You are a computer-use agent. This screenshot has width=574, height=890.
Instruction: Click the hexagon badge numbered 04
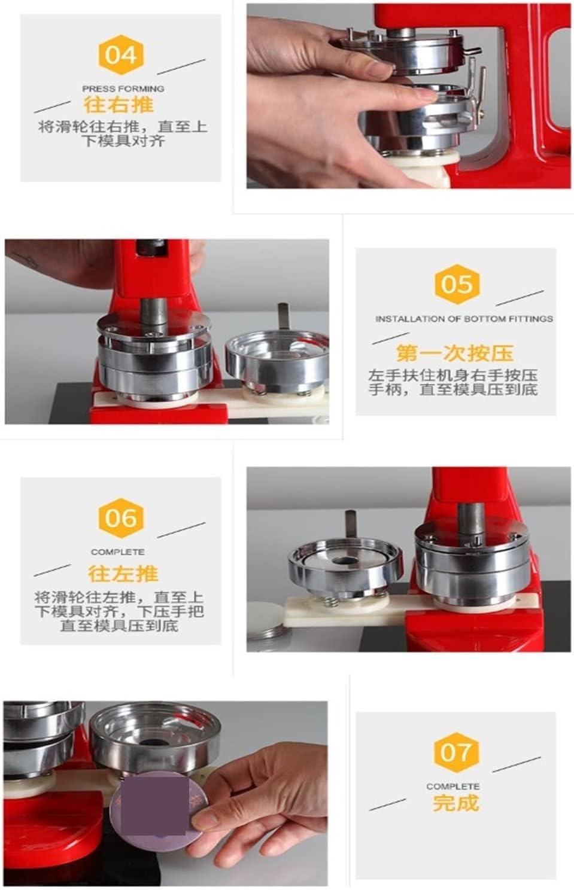121,55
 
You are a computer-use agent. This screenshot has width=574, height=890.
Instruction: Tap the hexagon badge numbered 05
456,285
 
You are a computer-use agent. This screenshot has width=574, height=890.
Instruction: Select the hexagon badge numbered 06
121,518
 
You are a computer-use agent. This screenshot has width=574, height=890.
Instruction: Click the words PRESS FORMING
123,89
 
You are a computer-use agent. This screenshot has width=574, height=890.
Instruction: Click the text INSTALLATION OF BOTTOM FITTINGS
464,319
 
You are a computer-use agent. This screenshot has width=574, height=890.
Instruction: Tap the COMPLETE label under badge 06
118,552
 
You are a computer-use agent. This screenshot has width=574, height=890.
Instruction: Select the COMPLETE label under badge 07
452,787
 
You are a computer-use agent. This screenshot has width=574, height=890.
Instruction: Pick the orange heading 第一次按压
455,353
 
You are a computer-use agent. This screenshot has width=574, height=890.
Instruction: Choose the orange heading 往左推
123,574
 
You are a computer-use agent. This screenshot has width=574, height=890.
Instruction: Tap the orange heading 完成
455,803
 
